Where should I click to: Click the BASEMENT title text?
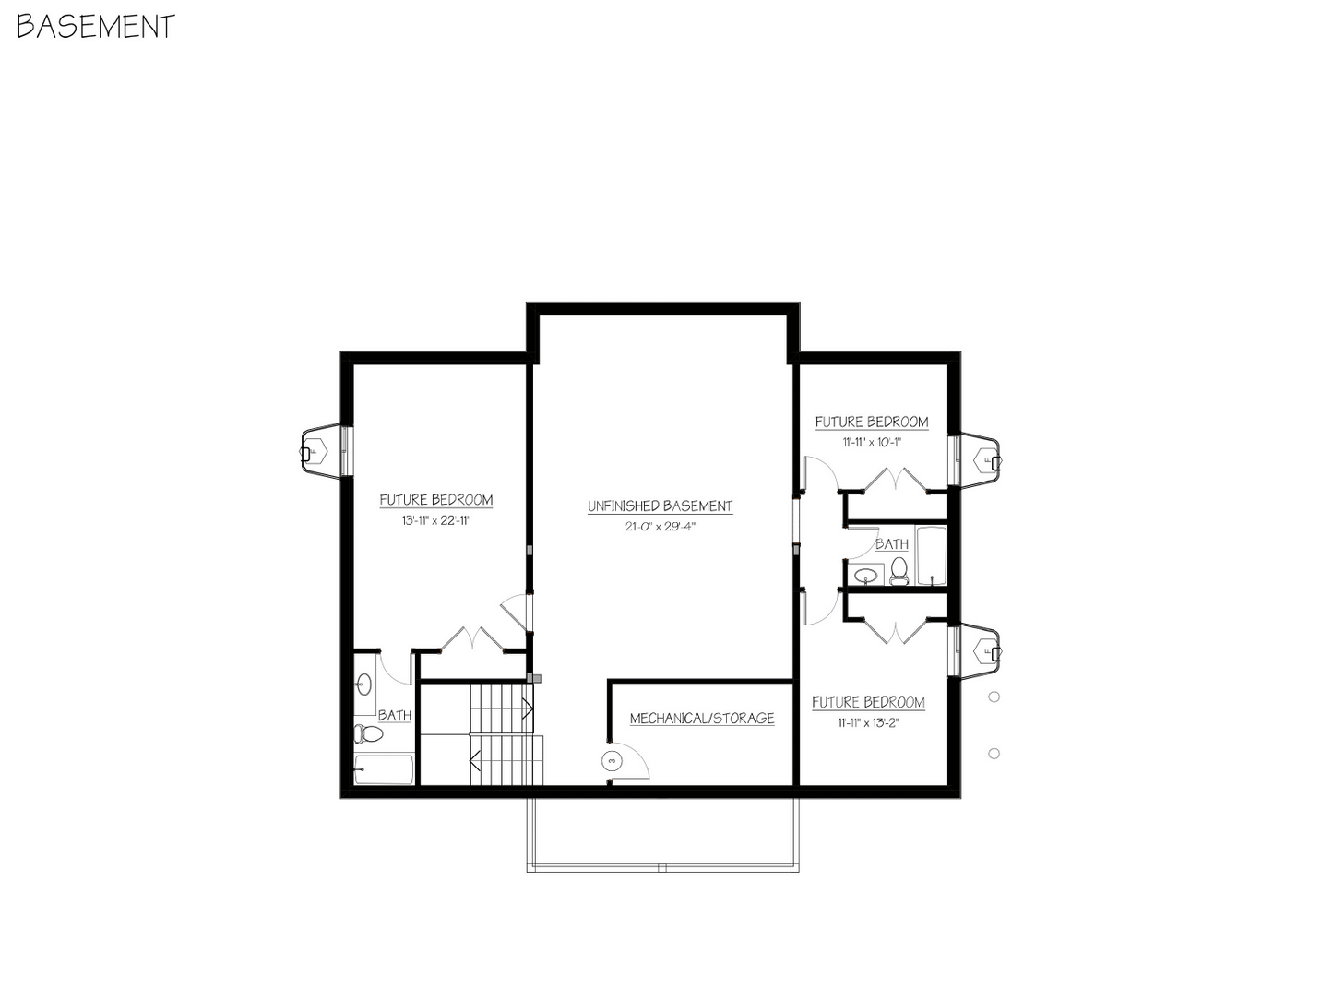point(96,27)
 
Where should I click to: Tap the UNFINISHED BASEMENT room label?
point(660,506)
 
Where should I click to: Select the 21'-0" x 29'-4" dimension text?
point(660,527)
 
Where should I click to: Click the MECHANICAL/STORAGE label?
point(701,718)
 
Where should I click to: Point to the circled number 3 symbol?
point(612,760)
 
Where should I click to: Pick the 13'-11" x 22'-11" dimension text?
point(436,520)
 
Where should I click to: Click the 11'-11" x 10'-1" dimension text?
point(871,442)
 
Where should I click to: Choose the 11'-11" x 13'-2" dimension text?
point(868,722)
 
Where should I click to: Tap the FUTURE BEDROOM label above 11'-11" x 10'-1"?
point(872,422)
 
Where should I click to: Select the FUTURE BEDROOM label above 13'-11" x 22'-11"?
point(436,500)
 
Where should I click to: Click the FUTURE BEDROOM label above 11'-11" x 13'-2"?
point(868,702)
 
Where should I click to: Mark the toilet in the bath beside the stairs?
point(369,734)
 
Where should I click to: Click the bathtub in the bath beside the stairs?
point(385,769)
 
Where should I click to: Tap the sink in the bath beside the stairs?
point(363,685)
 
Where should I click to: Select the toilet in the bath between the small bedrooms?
point(899,570)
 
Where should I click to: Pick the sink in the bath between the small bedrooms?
point(865,577)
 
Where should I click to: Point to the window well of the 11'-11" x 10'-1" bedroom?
point(980,459)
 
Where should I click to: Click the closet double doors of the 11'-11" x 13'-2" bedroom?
point(895,626)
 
